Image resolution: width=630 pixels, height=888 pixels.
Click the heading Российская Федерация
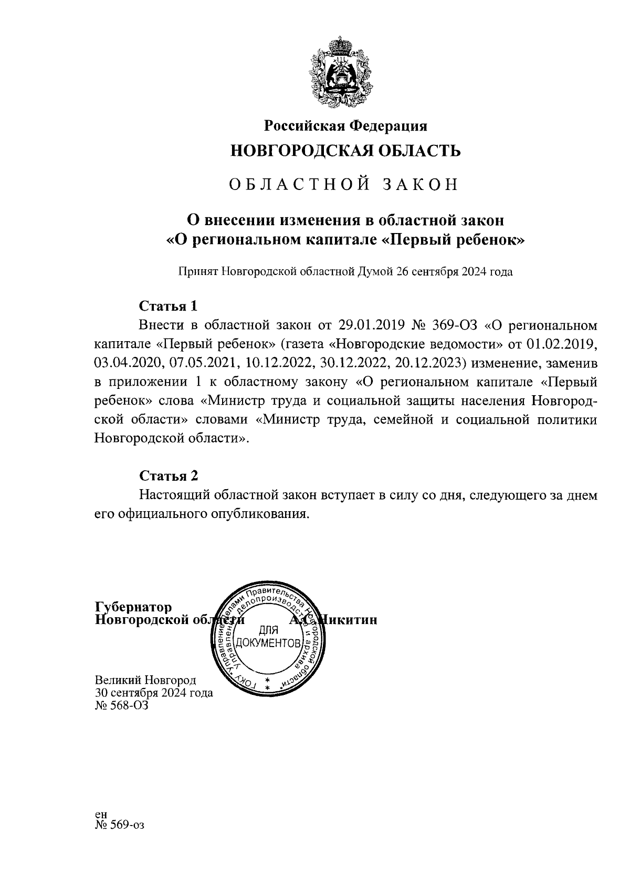[x=345, y=126]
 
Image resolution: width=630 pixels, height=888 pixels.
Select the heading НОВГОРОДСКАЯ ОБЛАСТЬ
[x=346, y=152]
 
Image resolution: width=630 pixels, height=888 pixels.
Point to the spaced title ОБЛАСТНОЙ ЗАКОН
[x=345, y=185]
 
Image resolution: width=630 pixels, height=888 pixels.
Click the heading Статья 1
[x=168, y=305]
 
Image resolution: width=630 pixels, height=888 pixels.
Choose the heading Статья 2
[x=169, y=475]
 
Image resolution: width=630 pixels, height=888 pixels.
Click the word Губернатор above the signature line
[x=133, y=607]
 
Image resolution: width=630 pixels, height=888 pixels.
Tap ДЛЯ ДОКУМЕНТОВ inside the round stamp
[x=268, y=637]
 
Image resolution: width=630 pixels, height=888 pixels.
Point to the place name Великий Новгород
[x=145, y=680]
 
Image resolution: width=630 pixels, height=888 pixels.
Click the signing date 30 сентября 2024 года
[x=153, y=693]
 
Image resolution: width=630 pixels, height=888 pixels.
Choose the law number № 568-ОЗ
[x=121, y=705]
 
